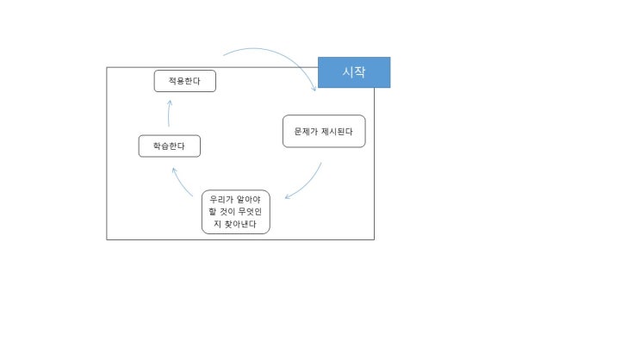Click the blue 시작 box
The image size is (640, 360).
click(354, 72)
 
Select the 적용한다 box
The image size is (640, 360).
click(185, 81)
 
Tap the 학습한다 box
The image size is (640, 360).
click(170, 146)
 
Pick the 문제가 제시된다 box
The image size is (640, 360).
click(324, 131)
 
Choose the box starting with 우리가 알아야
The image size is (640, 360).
click(236, 212)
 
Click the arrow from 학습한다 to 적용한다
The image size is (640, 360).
click(169, 113)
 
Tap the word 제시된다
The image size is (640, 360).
click(337, 132)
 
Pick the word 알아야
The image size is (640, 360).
click(249, 200)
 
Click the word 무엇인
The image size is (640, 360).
click(250, 211)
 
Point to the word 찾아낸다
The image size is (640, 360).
click(240, 224)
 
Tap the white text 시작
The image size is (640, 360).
click(354, 72)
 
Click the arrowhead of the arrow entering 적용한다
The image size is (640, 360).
click(170, 102)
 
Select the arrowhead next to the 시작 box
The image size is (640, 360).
click(314, 89)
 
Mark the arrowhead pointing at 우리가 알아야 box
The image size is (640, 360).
click(288, 196)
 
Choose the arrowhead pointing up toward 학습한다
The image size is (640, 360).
click(174, 171)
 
